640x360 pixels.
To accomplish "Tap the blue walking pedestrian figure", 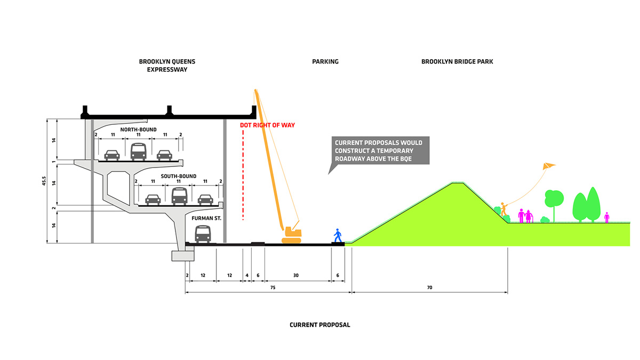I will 337,235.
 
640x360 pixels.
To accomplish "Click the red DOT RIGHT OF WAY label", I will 267,125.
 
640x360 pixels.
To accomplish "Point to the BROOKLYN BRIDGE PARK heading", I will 457,62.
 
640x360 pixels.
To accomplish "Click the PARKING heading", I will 325,62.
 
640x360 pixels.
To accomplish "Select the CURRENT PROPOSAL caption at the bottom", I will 320,325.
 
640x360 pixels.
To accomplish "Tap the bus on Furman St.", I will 203,234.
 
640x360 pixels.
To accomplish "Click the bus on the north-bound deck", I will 139,152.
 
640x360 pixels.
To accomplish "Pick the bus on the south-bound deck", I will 180,196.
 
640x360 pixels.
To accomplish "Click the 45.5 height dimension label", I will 44,182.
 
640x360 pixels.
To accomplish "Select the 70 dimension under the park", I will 429,287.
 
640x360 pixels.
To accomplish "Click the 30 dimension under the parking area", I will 297,275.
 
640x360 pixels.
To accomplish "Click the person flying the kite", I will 503,209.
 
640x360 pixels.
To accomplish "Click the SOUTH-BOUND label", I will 179,176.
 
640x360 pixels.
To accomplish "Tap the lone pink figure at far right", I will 607,218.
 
